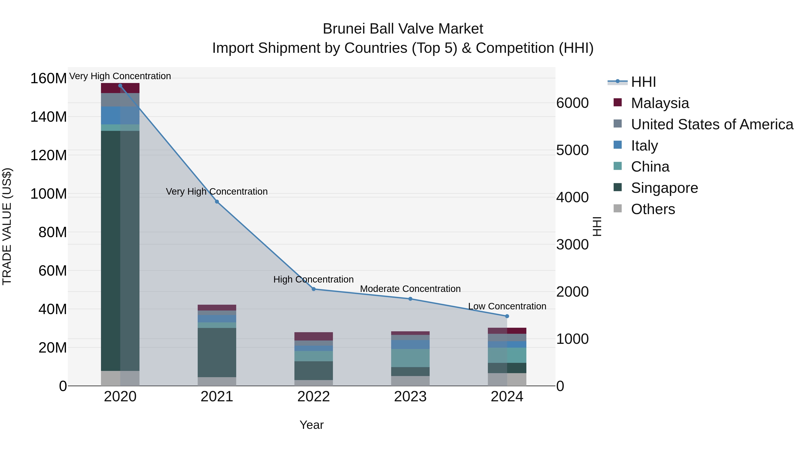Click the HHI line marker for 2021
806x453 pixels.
pos(217,202)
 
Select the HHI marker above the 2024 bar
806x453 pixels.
pos(507,316)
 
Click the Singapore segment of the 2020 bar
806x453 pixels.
pos(120,250)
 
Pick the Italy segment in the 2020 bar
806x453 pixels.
pos(120,115)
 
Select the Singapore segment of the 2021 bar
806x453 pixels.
pos(217,352)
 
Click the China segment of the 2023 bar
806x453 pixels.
pos(410,358)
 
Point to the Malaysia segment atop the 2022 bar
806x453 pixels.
pos(313,336)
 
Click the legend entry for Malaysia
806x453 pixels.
pos(660,103)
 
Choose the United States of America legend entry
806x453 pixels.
pos(712,124)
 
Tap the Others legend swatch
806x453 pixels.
pos(618,208)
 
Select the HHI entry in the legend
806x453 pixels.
pos(643,82)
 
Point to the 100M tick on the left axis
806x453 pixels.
pos(49,194)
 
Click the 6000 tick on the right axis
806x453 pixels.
pos(572,103)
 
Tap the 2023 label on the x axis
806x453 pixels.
pos(410,397)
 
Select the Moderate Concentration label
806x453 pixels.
pos(410,289)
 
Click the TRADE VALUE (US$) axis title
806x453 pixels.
pos(7,226)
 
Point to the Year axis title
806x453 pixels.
pos(311,425)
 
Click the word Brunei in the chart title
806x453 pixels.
pos(343,29)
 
